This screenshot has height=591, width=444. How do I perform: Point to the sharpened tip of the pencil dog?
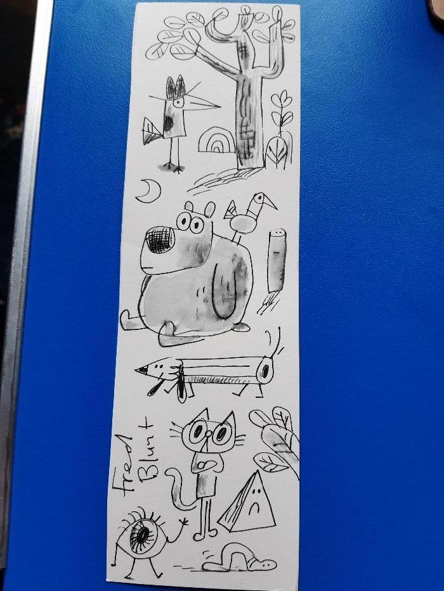point(141,370)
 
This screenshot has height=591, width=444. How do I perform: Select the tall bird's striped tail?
point(151,130)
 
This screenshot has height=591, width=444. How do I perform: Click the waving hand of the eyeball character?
point(183,522)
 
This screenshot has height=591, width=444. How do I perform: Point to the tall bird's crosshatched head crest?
point(176,87)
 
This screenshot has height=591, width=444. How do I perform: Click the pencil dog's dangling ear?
point(182,384)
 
